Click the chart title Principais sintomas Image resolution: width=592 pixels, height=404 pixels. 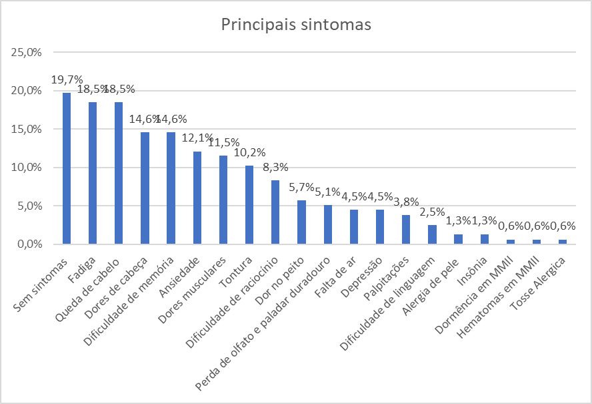(296, 25)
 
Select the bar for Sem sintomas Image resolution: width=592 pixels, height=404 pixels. (67, 168)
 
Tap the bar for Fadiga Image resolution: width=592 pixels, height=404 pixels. (93, 173)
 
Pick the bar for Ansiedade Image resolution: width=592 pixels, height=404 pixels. (197, 198)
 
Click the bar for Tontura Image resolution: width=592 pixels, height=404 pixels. (249, 205)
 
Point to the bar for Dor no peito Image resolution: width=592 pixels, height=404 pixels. (301, 222)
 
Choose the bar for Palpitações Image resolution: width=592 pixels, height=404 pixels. (406, 230)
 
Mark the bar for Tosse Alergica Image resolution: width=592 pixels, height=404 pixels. (563, 242)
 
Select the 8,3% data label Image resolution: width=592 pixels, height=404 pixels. (275, 168)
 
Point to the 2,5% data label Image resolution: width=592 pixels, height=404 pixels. (432, 212)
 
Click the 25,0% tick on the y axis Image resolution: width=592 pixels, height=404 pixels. (27, 52)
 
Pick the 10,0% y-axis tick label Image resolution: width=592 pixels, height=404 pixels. (27, 168)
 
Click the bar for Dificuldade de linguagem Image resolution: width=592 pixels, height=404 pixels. (432, 234)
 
